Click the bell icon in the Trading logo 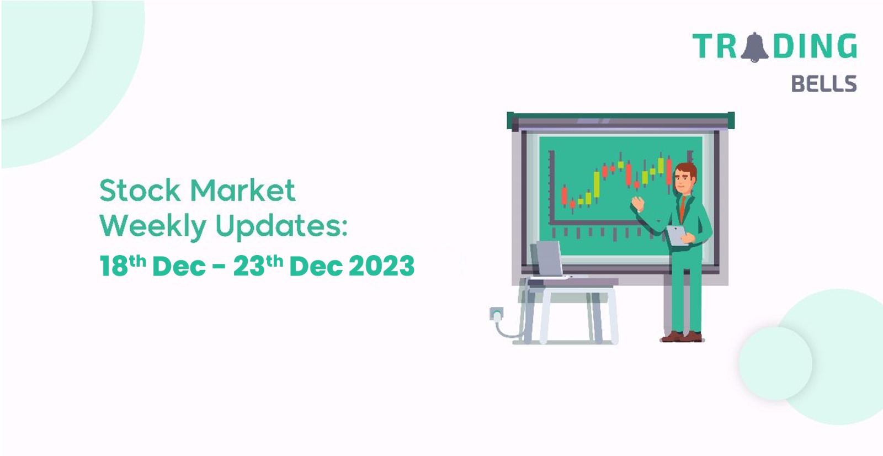point(754,47)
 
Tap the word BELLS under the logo point(824,83)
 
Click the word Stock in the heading point(140,190)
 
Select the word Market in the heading point(243,190)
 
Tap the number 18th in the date point(123,265)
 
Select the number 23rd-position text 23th point(258,265)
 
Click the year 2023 point(381,266)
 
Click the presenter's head point(685,178)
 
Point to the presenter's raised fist point(637,204)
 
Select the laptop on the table point(549,261)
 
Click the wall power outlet point(496,314)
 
